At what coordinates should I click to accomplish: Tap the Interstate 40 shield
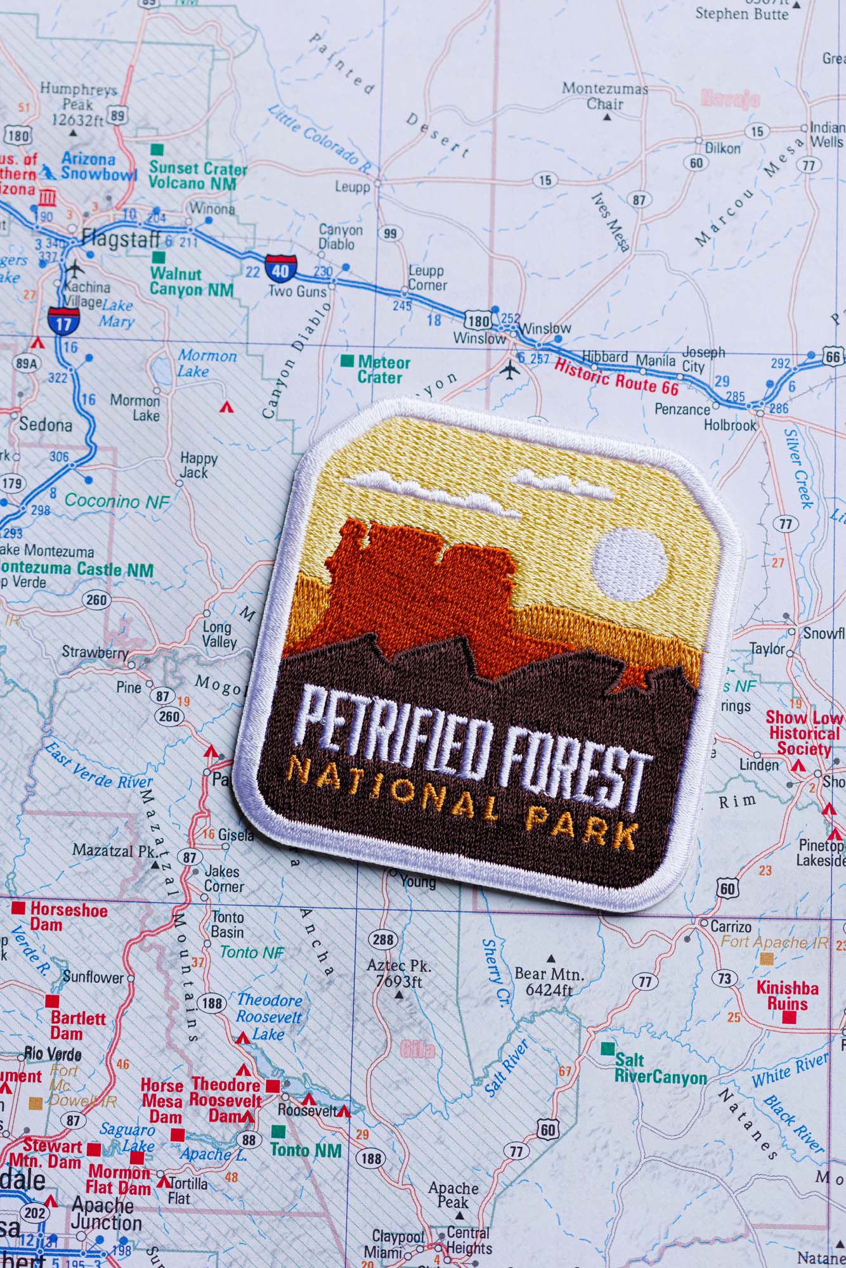[279, 268]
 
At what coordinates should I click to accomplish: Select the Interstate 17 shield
[63, 321]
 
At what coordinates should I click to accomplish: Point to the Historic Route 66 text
[616, 377]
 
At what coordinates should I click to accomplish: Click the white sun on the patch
[629, 565]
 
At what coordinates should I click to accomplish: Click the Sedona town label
[46, 424]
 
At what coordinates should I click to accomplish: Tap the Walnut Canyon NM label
[191, 282]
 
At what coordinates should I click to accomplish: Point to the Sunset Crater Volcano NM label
[197, 176]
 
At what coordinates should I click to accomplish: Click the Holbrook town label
[730, 425]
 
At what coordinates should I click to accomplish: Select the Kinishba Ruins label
[787, 995]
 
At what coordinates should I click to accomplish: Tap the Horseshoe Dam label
[68, 917]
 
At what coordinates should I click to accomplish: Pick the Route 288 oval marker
[383, 940]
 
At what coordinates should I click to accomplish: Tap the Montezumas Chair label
[604, 96]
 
